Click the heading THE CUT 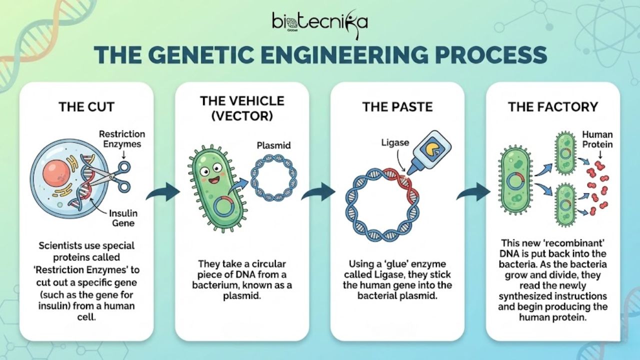point(86,106)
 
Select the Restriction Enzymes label point(121,139)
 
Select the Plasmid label point(273,145)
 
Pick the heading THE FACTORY point(553,106)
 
